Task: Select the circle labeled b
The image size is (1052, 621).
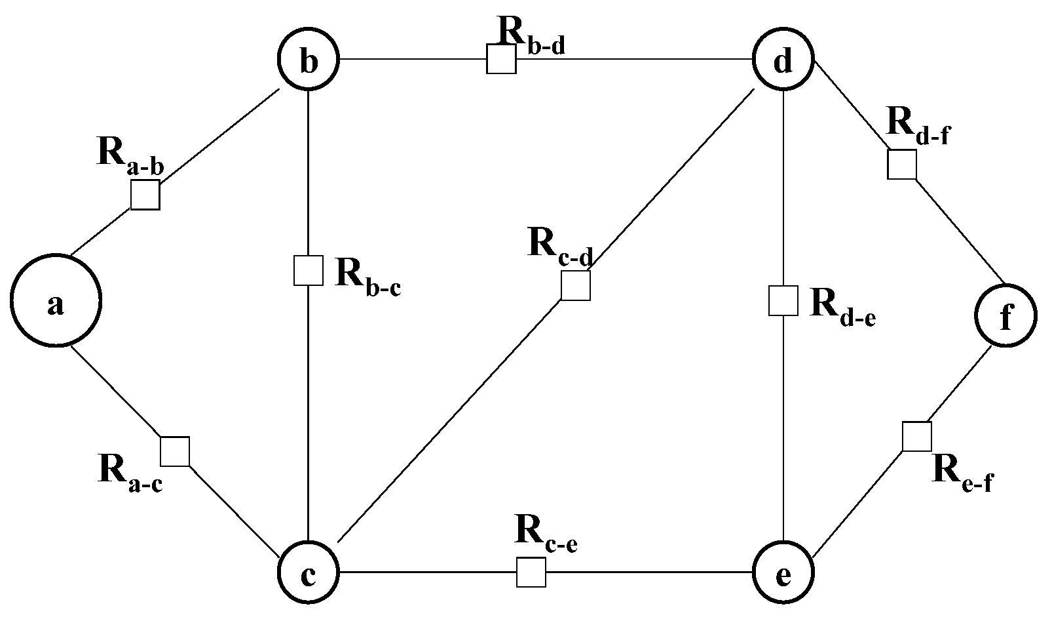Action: [x=309, y=60]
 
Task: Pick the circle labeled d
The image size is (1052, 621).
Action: [x=783, y=60]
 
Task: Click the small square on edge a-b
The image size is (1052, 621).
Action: [x=145, y=195]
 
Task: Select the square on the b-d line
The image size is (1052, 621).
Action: [x=501, y=59]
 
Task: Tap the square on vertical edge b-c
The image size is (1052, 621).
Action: [x=308, y=270]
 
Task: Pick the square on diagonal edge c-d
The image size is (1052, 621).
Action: [x=576, y=285]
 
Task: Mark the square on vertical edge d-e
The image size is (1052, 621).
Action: [x=783, y=300]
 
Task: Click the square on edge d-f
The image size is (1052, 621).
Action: [x=901, y=164]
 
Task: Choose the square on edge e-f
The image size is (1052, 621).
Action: [x=916, y=437]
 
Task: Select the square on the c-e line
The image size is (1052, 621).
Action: [x=531, y=572]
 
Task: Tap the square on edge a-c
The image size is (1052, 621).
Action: [x=175, y=451]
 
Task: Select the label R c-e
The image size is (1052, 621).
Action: [x=546, y=532]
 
